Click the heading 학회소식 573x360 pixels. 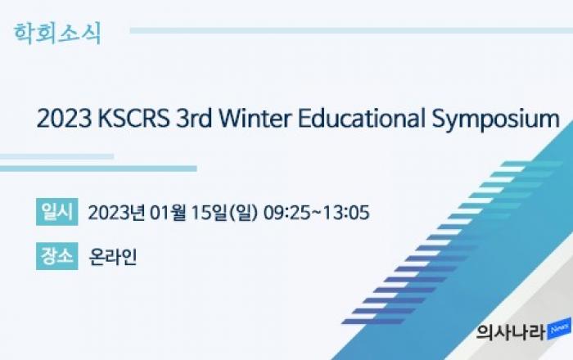click(x=57, y=34)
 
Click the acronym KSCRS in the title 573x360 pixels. click(x=134, y=119)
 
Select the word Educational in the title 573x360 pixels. click(x=362, y=119)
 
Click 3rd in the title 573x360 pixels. click(x=194, y=119)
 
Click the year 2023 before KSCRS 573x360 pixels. click(x=65, y=119)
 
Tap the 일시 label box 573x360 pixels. click(x=57, y=212)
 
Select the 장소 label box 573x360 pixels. click(x=57, y=256)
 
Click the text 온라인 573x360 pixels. click(x=113, y=256)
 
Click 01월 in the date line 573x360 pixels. click(x=169, y=213)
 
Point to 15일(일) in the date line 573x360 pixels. click(x=225, y=213)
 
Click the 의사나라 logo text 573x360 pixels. click(x=511, y=332)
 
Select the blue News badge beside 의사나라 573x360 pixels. click(x=559, y=329)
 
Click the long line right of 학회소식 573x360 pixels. click(x=351, y=30)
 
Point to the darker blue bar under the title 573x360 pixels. click(x=98, y=169)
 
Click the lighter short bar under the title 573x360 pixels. click(x=57, y=156)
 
